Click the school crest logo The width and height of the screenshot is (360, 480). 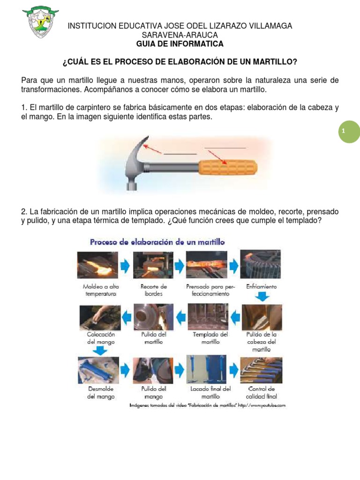(x=40, y=22)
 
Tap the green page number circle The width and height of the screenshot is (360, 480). (x=350, y=132)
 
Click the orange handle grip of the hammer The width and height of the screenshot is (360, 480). (x=228, y=167)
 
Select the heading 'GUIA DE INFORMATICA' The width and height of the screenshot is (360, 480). (x=180, y=44)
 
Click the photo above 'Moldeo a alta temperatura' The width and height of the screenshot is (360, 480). (x=97, y=265)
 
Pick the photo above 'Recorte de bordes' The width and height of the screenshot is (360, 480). (x=153, y=265)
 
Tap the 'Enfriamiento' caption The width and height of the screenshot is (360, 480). (x=261, y=286)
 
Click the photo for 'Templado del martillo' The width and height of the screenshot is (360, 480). (x=208, y=316)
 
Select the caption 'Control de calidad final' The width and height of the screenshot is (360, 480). (x=262, y=392)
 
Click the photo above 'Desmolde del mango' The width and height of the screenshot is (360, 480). (x=98, y=370)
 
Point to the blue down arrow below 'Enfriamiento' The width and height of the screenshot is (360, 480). (x=262, y=296)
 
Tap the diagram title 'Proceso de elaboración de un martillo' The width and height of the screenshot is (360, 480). (x=157, y=242)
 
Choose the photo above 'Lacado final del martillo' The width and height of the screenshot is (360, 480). (x=206, y=369)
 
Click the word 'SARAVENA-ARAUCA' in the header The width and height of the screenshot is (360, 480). (x=180, y=35)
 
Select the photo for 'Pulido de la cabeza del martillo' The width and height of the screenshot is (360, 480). (x=262, y=317)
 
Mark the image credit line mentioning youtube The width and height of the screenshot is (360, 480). (x=208, y=405)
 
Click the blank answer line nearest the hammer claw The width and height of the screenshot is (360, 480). (x=180, y=154)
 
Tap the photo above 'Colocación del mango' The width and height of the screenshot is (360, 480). (x=100, y=318)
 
